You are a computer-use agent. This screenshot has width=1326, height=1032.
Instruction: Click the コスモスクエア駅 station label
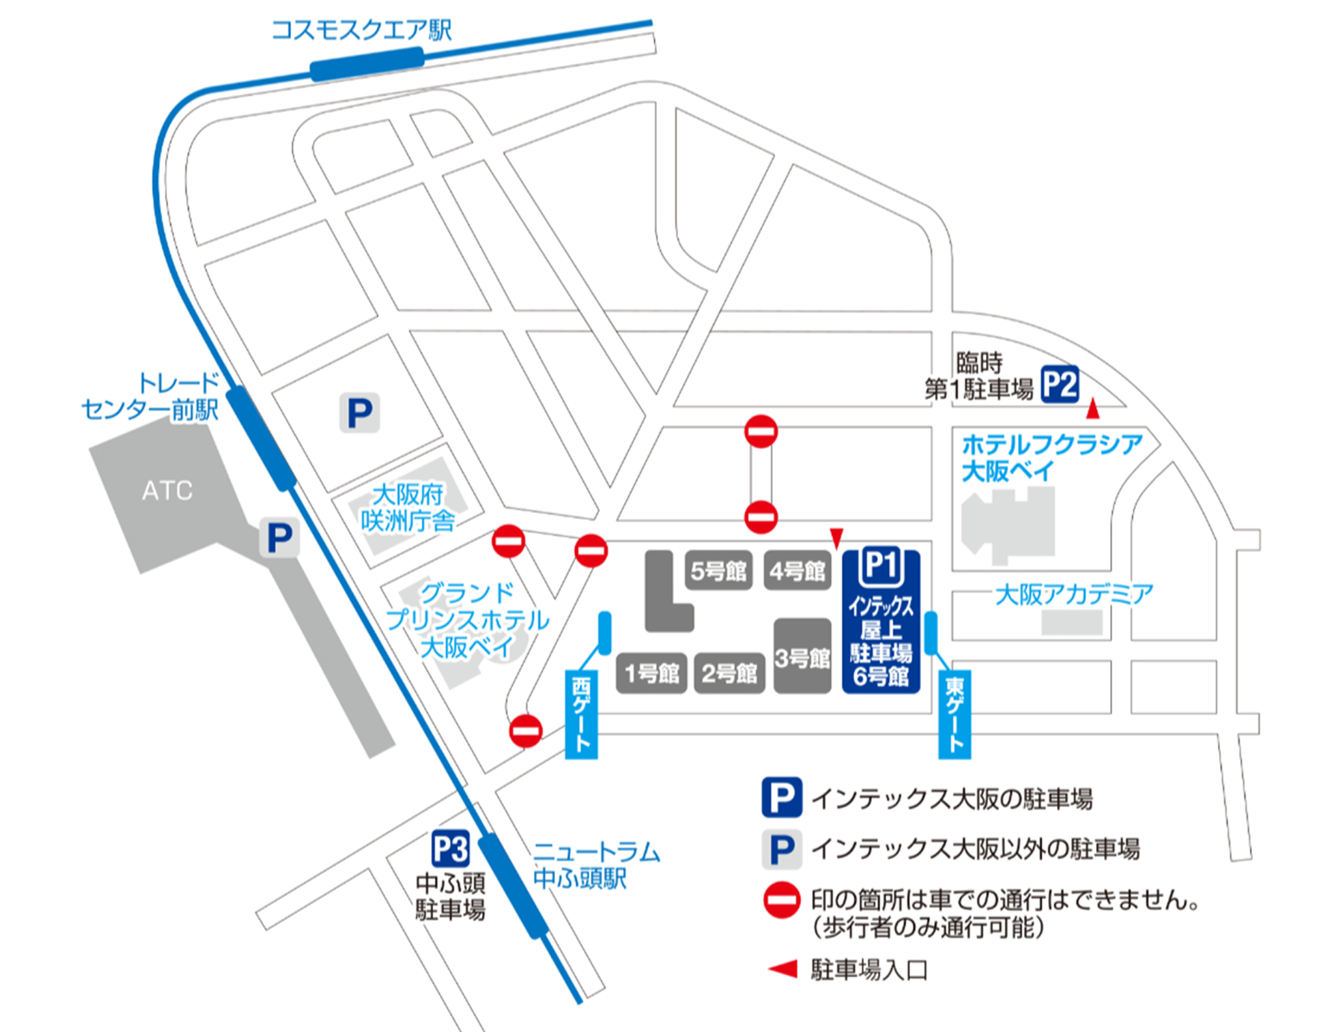click(x=362, y=30)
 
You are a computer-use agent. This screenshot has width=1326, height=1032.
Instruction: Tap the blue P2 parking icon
click(x=1059, y=384)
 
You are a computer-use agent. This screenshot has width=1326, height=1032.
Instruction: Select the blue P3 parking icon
click(x=450, y=848)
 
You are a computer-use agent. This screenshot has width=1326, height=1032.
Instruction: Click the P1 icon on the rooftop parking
click(x=881, y=565)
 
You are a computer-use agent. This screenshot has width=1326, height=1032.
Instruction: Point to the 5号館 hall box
click(x=718, y=571)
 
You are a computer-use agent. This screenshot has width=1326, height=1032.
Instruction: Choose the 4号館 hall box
click(x=797, y=571)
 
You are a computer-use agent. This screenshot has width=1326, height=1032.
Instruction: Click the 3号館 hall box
click(x=802, y=657)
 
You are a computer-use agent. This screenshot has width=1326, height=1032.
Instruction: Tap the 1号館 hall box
click(x=652, y=673)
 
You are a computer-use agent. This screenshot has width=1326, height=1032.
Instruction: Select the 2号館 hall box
click(x=729, y=673)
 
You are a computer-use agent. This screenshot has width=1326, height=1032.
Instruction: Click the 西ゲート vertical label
click(x=581, y=714)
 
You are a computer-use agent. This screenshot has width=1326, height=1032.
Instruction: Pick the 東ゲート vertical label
click(x=954, y=714)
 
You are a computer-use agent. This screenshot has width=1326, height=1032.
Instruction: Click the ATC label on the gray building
click(x=167, y=491)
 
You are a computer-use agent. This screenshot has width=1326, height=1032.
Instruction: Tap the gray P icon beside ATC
click(x=279, y=538)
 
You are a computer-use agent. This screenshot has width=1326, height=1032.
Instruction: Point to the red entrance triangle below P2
click(x=1093, y=410)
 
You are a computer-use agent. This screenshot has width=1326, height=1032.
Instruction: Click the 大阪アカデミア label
click(x=1074, y=595)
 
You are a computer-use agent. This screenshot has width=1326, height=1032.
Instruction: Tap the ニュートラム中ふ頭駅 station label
click(x=596, y=865)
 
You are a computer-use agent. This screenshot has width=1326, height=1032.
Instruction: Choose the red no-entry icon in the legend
click(x=781, y=900)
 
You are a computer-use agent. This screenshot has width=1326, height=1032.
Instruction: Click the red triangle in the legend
click(x=783, y=969)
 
